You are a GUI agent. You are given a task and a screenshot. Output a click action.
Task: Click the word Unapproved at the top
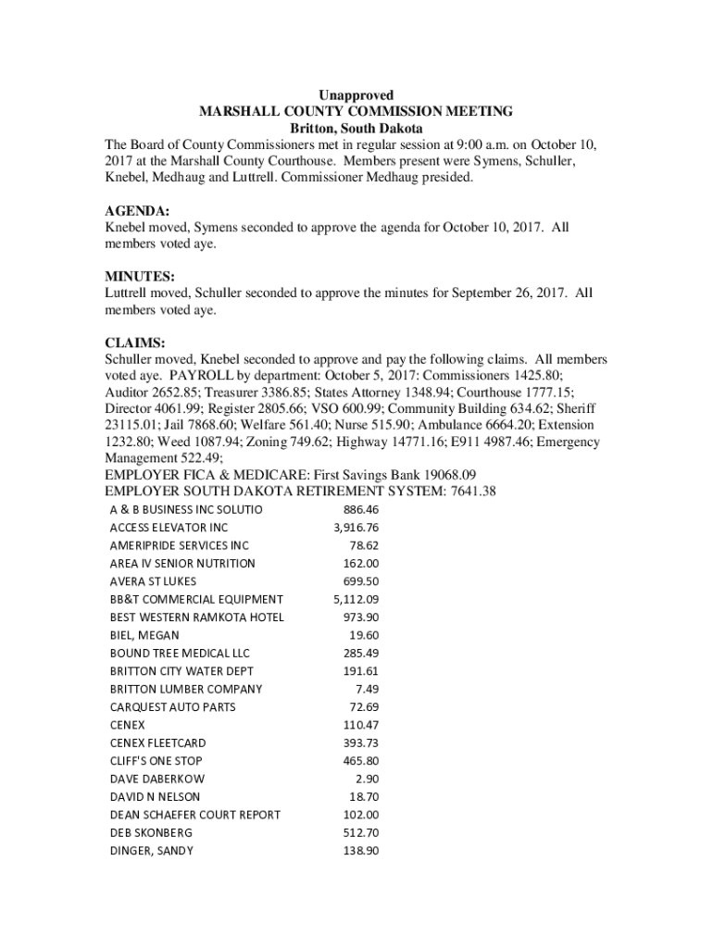coord(356,95)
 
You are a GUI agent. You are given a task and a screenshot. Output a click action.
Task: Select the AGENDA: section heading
coord(137,211)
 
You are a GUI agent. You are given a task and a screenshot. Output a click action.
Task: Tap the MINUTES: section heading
coord(140,277)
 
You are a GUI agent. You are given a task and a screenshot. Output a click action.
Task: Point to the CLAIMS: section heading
coord(135,343)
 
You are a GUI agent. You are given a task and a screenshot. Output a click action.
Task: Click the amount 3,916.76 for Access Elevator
coord(356,528)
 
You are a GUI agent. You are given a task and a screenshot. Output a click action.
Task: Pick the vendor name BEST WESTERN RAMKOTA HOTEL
coord(196,617)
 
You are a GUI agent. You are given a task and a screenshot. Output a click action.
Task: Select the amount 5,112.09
coord(356,600)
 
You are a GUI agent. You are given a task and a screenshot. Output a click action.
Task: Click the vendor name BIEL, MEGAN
coord(144,636)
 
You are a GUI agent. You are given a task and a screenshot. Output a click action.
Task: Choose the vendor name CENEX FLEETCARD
coord(157,743)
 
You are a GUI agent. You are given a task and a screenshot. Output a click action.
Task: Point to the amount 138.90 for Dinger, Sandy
coord(360,851)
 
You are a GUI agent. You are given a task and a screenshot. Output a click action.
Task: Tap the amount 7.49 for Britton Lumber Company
coord(367,690)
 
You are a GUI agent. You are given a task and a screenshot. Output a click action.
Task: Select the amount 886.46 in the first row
coord(360,510)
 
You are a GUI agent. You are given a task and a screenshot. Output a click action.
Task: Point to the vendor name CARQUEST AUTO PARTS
coord(172,707)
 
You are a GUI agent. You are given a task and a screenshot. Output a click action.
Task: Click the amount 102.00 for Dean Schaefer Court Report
coord(360,816)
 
